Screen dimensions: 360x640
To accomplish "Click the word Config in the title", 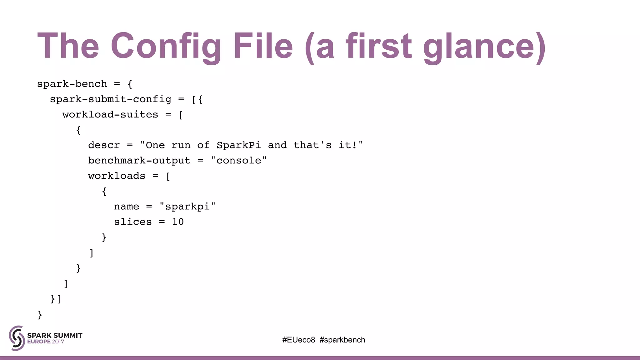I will [x=166, y=46].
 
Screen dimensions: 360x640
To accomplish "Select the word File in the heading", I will [x=263, y=46].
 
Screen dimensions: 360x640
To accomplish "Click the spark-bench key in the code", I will [x=72, y=84].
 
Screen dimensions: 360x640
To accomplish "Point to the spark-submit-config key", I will [x=111, y=99].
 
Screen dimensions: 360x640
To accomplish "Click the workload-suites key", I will [x=110, y=114].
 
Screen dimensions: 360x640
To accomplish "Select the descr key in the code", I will [x=104, y=145].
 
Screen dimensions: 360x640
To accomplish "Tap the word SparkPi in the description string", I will [x=238, y=145].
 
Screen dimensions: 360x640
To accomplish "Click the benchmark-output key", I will [x=139, y=160].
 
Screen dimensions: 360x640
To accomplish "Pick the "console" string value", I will [x=239, y=160].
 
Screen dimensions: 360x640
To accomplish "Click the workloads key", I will [x=117, y=176].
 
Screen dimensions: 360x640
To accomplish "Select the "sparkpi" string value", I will [x=187, y=206].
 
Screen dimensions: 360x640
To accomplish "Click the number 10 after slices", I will [x=178, y=222].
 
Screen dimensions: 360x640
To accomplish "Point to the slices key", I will [x=133, y=222].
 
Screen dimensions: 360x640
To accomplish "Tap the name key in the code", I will [x=126, y=206].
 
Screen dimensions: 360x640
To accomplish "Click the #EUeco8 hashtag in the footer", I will [x=298, y=340].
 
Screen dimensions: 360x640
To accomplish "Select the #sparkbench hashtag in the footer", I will [x=342, y=340].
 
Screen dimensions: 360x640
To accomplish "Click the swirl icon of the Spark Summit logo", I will [x=17, y=338].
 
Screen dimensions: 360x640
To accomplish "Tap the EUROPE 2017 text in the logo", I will [x=46, y=342].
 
